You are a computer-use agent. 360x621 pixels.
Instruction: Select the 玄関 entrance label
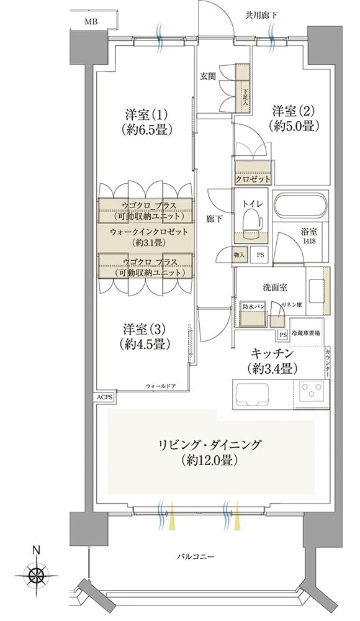pyautogui.click(x=207, y=76)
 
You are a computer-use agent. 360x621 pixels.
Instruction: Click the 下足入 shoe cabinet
pyautogui.click(x=244, y=91)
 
